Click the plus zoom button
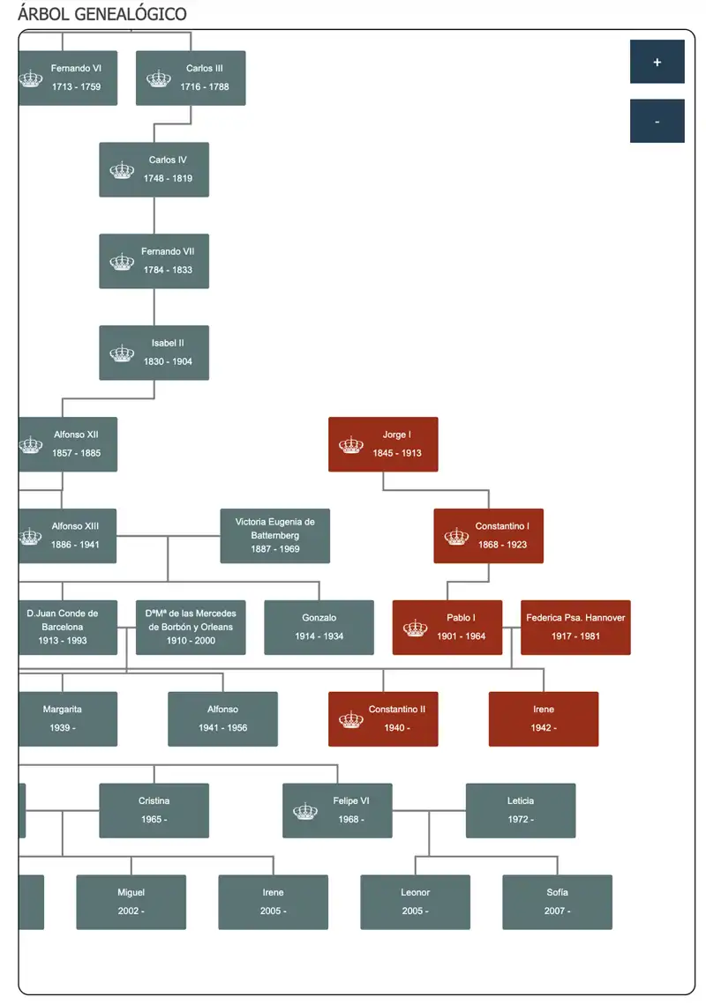click(657, 62)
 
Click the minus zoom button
click(657, 121)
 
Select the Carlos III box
click(191, 78)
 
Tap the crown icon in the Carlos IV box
click(122, 170)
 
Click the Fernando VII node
click(154, 261)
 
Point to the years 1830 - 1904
click(168, 361)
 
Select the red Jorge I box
click(383, 444)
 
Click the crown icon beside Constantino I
click(456, 537)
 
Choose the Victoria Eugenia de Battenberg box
click(275, 536)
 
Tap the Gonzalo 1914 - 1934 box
click(319, 628)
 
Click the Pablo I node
click(447, 628)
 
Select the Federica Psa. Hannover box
click(575, 628)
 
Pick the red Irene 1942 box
click(543, 719)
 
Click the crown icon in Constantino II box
click(350, 719)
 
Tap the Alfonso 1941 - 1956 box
click(222, 719)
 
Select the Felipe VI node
click(337, 811)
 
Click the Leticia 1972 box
click(521, 811)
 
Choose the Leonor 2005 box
click(415, 903)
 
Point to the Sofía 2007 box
click(557, 903)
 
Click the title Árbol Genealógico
click(102, 13)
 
